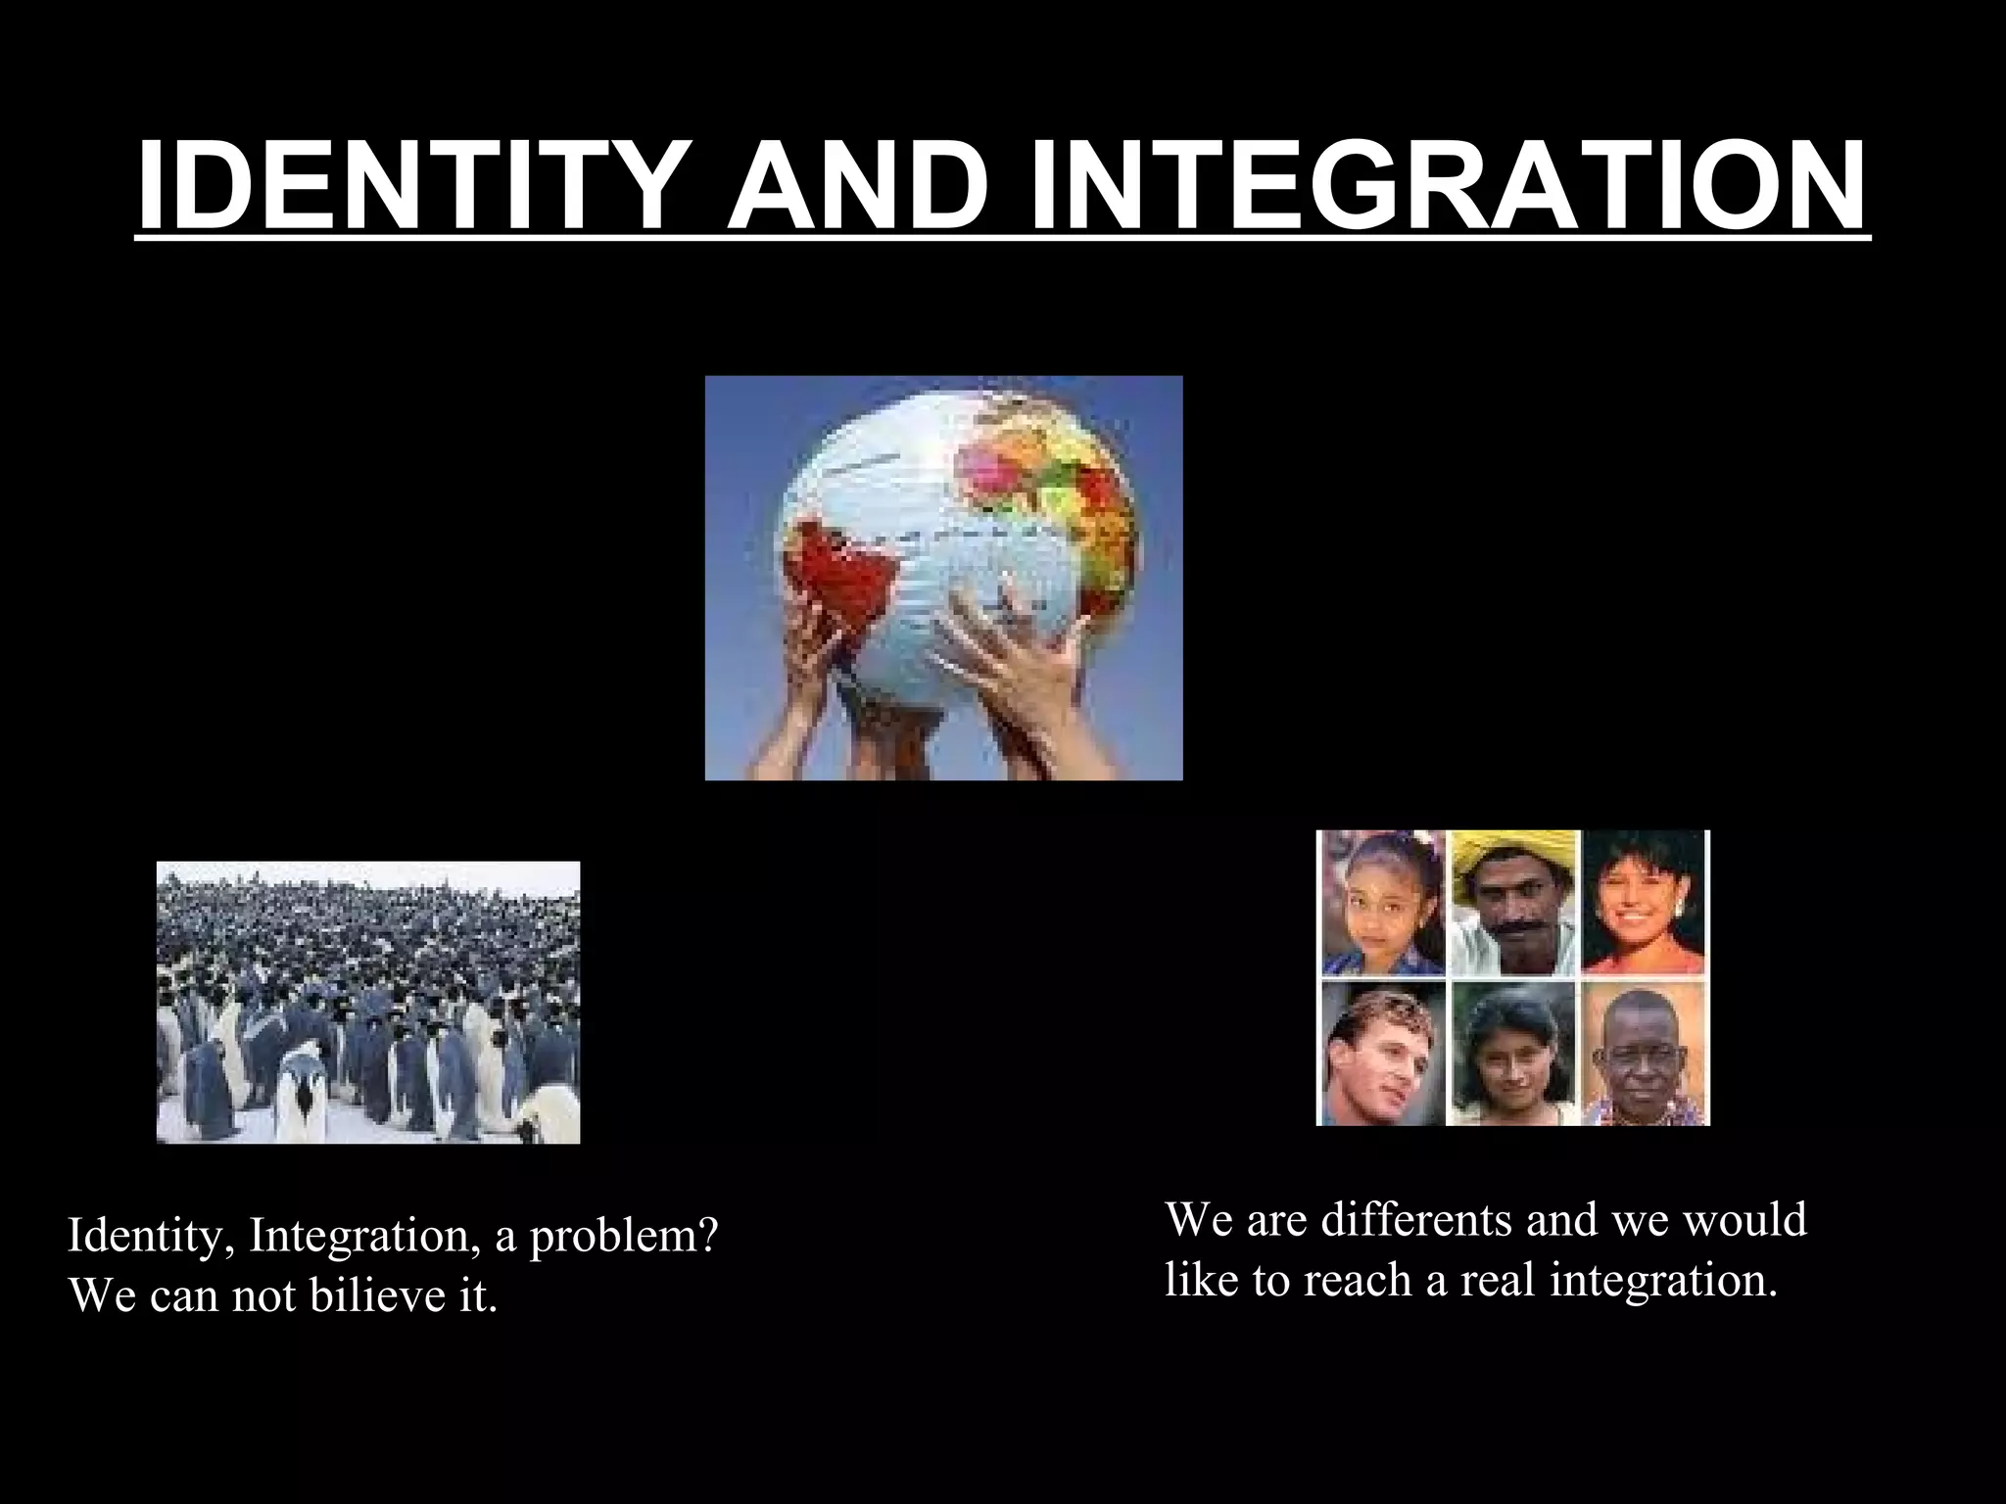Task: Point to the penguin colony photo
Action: [368, 1002]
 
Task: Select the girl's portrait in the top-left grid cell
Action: [1382, 904]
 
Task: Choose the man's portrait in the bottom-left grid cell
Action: [1382, 1054]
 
